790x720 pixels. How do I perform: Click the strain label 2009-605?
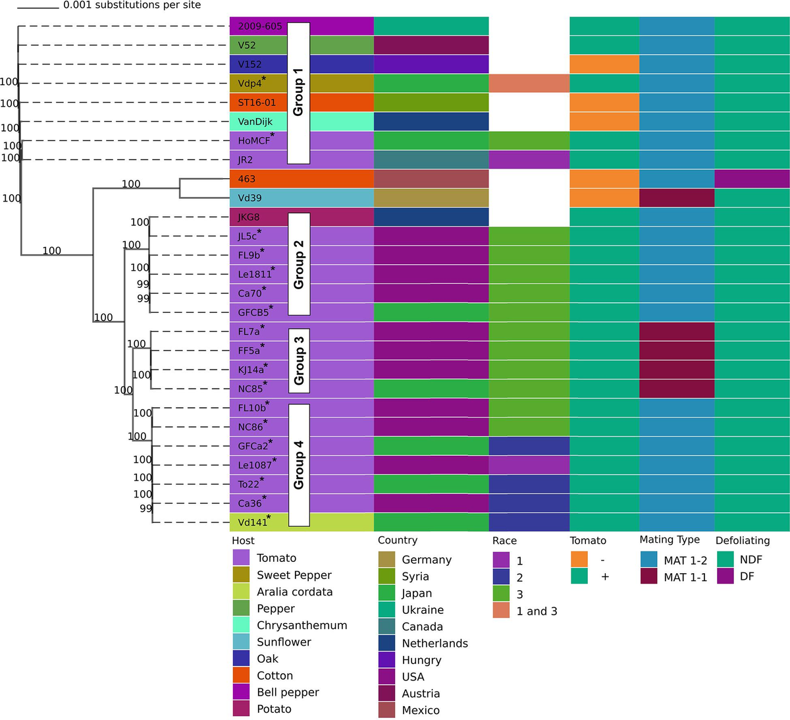(x=259, y=26)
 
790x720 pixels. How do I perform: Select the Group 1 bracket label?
(x=298, y=92)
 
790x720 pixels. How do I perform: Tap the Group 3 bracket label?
(x=299, y=360)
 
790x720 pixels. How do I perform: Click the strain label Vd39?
(x=250, y=198)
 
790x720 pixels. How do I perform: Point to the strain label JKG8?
(x=248, y=217)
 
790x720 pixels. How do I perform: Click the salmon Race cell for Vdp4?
(x=529, y=84)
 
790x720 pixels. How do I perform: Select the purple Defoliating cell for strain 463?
(x=752, y=179)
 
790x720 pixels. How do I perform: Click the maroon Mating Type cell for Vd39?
(x=676, y=198)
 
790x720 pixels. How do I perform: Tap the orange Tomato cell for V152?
(x=604, y=65)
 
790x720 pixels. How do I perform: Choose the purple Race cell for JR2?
(x=529, y=160)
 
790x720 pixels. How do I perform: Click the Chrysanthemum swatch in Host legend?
(x=241, y=625)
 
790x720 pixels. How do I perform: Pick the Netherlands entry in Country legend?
(x=434, y=644)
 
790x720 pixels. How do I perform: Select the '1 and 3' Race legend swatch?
(x=501, y=611)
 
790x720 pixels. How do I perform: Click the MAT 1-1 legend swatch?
(x=648, y=576)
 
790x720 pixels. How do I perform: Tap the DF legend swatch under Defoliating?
(x=725, y=576)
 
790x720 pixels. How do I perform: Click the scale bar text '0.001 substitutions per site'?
(x=132, y=5)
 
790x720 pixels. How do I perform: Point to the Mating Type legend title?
(x=670, y=540)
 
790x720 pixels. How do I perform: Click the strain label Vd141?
(x=253, y=522)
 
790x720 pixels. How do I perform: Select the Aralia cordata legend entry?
(x=294, y=592)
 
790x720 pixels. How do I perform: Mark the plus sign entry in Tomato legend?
(x=605, y=576)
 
